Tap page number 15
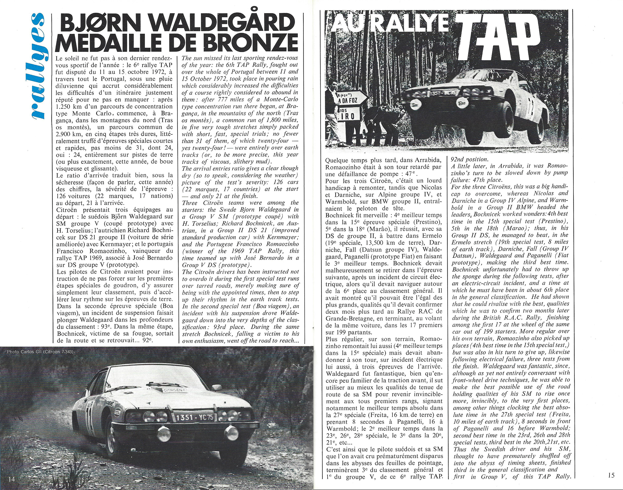[611, 475]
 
